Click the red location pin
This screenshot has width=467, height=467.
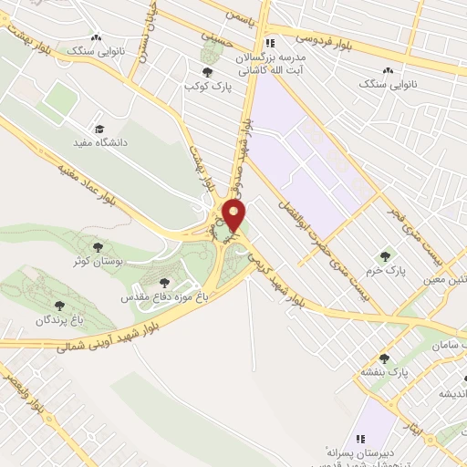234,216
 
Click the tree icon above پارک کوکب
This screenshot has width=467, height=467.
208,71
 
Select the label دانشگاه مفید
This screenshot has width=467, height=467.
112,142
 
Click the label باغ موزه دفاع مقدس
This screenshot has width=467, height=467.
161,296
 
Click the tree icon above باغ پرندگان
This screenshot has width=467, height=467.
60,306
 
